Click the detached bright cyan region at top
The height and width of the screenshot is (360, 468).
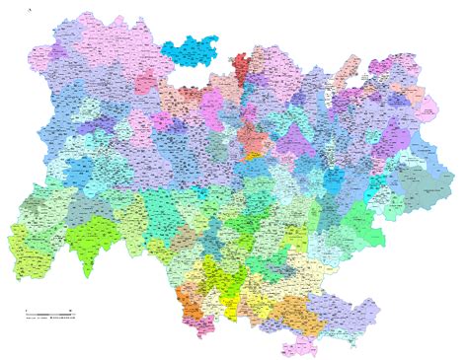point(193,51)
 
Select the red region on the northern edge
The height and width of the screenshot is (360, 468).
point(240,67)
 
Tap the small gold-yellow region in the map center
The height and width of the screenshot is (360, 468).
point(254,154)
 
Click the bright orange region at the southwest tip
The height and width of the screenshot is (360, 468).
point(185,298)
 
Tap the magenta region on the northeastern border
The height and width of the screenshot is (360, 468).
point(379,70)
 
